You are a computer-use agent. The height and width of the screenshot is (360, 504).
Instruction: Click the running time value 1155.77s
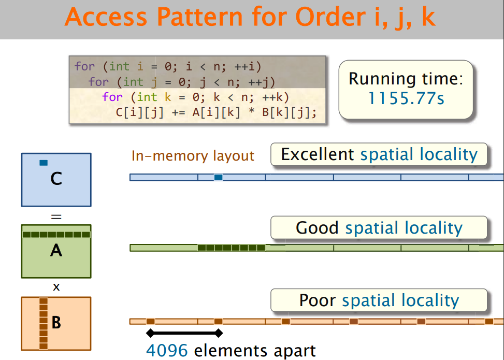[x=406, y=98]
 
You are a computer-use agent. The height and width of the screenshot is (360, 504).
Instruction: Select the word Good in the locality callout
[x=317, y=227]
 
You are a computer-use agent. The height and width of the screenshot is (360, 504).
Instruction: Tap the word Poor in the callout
[x=318, y=300]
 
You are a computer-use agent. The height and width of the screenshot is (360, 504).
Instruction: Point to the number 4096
[x=167, y=351]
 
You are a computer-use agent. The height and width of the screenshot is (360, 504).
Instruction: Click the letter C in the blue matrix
[x=56, y=179]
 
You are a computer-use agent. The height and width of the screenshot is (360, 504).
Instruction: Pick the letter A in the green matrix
[x=56, y=251]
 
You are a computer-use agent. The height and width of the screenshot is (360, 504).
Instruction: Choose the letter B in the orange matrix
[x=56, y=323]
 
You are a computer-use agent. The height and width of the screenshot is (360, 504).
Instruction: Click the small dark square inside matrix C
[x=44, y=163]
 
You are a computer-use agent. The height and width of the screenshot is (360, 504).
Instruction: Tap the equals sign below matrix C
[x=56, y=216]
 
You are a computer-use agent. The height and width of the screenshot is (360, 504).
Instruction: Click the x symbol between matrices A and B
[x=56, y=287]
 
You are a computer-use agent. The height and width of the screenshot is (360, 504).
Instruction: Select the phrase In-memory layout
[x=193, y=155]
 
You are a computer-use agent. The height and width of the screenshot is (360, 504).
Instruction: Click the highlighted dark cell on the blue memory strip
[x=218, y=177]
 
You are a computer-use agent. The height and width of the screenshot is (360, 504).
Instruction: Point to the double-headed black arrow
[x=184, y=333]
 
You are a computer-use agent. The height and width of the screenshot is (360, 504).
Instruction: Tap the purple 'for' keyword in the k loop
[x=112, y=97]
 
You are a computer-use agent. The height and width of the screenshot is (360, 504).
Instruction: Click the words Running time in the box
[x=406, y=79]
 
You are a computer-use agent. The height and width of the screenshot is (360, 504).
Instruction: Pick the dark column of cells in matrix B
[x=44, y=323]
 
